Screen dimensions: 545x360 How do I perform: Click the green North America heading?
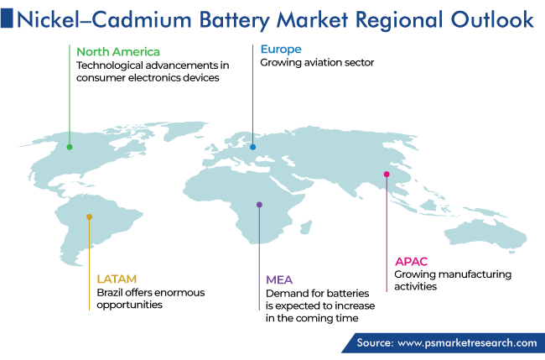[118, 52]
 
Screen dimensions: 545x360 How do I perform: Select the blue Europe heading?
[281, 50]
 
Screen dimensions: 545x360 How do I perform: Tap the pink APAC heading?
[411, 262]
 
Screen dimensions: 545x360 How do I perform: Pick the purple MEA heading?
[279, 279]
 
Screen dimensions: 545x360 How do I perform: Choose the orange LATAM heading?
[117, 279]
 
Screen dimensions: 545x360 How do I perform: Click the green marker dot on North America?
[70, 147]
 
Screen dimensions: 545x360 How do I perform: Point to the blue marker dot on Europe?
[252, 147]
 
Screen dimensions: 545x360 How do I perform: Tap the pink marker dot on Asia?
[387, 175]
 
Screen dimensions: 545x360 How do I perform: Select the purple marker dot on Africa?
[259, 205]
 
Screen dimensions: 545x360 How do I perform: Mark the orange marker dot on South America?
[90, 217]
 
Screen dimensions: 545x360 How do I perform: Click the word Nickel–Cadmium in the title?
[104, 20]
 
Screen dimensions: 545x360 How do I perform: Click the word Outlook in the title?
[492, 20]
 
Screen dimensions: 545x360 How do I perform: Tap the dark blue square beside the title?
[7, 18]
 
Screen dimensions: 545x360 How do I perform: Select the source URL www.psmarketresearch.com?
[467, 343]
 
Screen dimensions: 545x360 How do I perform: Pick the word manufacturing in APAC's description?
[475, 274]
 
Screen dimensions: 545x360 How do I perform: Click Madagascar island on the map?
[305, 228]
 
